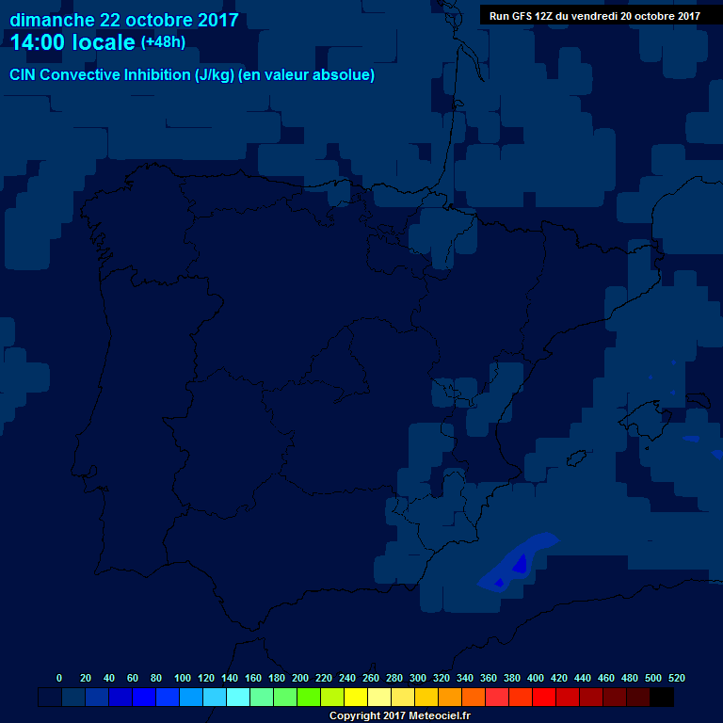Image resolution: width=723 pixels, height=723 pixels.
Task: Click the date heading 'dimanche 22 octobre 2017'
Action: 123,20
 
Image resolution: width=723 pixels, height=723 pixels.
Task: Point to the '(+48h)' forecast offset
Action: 163,42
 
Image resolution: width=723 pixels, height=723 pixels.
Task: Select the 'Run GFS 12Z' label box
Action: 594,15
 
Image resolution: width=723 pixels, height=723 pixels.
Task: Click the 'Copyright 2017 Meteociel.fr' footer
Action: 399,715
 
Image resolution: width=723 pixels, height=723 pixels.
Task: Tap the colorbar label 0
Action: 59,678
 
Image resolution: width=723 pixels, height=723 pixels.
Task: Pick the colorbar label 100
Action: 182,678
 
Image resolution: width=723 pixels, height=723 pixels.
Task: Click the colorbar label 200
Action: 300,678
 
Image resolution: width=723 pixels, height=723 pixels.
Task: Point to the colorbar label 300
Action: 418,678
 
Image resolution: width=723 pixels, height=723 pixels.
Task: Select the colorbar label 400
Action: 536,678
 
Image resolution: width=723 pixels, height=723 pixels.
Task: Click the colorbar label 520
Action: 676,678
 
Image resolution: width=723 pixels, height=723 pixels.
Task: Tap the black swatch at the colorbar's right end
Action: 662,697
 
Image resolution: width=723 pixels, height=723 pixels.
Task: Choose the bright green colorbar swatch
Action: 309,697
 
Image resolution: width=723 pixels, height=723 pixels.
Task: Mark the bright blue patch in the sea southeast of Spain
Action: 520,563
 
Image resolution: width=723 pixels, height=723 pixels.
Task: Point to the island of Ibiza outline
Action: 575,458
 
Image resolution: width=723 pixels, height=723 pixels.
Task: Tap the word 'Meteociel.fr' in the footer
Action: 438,715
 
